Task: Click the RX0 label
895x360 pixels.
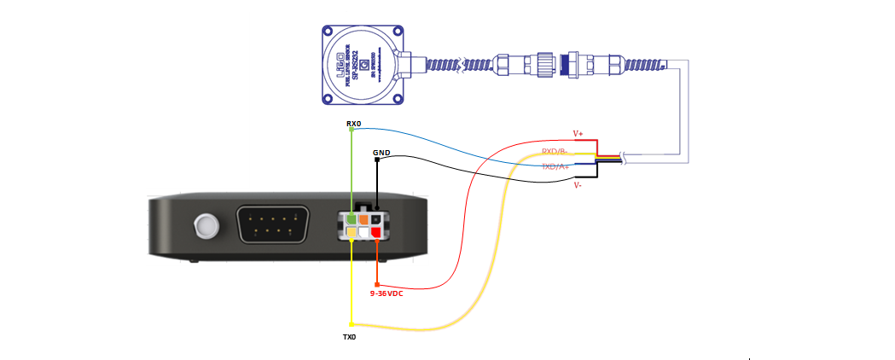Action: click(x=353, y=124)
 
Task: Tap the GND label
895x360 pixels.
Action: click(x=381, y=154)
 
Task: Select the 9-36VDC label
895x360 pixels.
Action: click(x=386, y=293)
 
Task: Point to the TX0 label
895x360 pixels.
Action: click(x=349, y=337)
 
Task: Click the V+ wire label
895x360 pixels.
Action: click(x=578, y=134)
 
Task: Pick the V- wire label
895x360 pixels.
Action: click(x=578, y=184)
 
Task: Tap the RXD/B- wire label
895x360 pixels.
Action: click(x=555, y=152)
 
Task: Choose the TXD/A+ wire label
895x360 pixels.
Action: click(x=555, y=167)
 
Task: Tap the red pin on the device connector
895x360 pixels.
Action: click(x=375, y=231)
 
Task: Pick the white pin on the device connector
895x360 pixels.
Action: click(x=363, y=231)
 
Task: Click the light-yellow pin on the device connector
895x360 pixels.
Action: click(x=351, y=231)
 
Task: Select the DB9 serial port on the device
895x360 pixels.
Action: click(x=270, y=227)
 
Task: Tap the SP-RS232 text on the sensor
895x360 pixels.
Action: click(x=363, y=64)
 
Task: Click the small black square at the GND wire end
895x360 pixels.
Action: click(x=376, y=160)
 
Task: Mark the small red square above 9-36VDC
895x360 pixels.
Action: click(x=376, y=284)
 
